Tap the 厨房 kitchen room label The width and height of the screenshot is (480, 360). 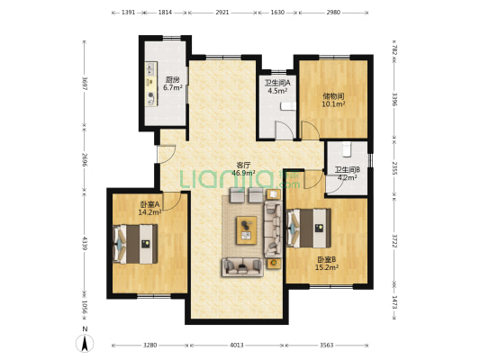[173, 84]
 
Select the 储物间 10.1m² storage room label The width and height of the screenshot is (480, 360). [333, 100]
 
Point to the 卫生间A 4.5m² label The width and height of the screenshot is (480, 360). [277, 86]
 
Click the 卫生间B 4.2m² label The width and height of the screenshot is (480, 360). [347, 174]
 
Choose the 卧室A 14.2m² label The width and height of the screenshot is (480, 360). [150, 208]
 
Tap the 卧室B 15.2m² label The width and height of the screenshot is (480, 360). [327, 264]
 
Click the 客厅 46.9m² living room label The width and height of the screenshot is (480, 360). [244, 169]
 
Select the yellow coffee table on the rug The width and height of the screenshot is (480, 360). [247, 230]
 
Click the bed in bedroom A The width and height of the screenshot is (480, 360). [135, 244]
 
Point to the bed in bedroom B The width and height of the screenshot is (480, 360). [309, 228]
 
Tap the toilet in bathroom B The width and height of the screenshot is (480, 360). [347, 149]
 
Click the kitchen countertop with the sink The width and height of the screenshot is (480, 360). [151, 84]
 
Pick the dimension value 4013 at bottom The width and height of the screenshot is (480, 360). [237, 346]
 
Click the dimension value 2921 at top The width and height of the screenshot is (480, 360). [222, 13]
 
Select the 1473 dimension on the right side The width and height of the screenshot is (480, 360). [395, 302]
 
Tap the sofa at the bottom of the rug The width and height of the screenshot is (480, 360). [242, 267]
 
